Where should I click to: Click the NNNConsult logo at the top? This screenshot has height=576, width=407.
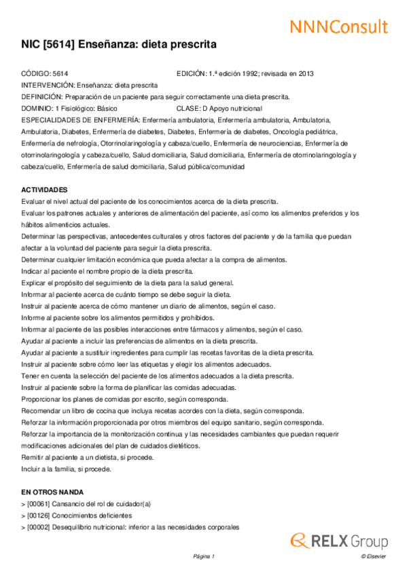[339, 26]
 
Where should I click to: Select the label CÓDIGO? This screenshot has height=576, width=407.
[35, 73]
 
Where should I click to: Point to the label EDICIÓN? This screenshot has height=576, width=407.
[193, 73]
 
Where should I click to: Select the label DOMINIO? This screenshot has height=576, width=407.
[37, 108]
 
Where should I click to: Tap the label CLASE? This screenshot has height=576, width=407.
[188, 108]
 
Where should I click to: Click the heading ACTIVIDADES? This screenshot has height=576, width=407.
[44, 190]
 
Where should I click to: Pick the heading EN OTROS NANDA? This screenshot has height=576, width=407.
[53, 491]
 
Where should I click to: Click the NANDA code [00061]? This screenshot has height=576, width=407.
[37, 504]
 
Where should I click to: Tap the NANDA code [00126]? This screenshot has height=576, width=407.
[37, 516]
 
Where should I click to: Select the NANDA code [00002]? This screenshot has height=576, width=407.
[37, 527]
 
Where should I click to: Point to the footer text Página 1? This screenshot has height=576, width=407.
[204, 557]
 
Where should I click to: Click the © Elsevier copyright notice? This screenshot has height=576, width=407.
[373, 557]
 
